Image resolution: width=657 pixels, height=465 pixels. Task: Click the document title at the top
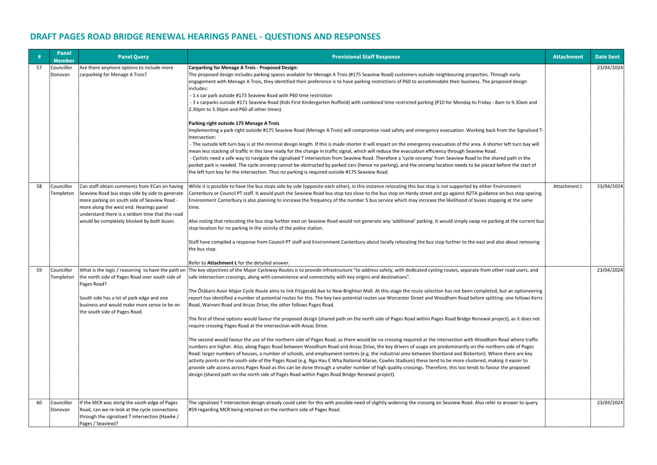(x=205, y=37)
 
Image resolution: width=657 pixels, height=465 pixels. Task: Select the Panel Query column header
(x=133, y=57)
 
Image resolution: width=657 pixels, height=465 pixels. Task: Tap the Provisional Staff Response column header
(x=366, y=57)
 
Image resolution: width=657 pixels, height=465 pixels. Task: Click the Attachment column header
(x=568, y=57)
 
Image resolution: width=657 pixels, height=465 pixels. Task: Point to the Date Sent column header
(x=607, y=57)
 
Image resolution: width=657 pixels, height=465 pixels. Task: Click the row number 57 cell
(x=39, y=68)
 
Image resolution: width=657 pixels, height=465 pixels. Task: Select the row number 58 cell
(x=39, y=186)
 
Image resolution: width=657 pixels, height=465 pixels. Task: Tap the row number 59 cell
(x=39, y=270)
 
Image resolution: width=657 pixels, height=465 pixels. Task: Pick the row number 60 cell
(x=39, y=403)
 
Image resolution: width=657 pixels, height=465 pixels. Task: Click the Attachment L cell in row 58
(x=568, y=186)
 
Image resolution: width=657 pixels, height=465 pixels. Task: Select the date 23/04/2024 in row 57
(x=610, y=68)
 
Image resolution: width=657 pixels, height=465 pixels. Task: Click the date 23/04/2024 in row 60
(x=610, y=403)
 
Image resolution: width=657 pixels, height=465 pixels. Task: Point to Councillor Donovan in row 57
(x=61, y=71)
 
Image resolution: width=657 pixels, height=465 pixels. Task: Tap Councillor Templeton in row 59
(x=62, y=274)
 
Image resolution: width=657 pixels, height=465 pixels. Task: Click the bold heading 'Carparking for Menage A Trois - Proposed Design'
(x=243, y=68)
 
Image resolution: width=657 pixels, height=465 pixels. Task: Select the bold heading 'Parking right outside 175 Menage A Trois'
(x=234, y=123)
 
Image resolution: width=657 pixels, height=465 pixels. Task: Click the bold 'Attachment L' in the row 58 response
(x=222, y=263)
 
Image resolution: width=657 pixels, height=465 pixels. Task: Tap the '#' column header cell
(x=39, y=57)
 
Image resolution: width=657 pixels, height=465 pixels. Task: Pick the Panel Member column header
(x=64, y=57)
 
